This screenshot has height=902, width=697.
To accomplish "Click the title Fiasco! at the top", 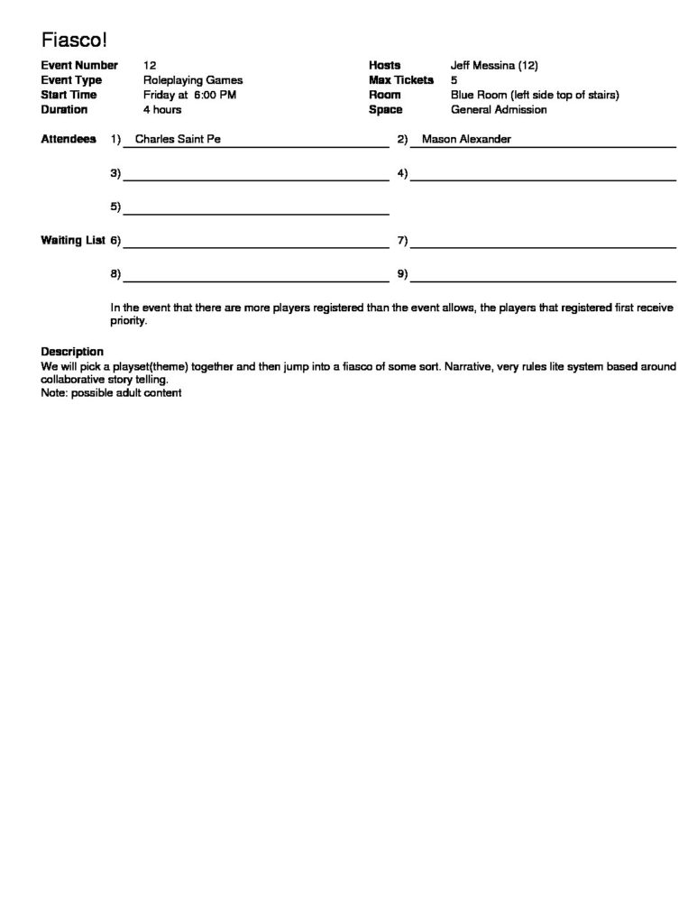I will pyautogui.click(x=74, y=40).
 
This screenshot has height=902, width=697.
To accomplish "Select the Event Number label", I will pyautogui.click(x=79, y=65).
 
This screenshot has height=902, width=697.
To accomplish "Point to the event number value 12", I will pyautogui.click(x=150, y=65).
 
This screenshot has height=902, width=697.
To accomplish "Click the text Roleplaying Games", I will pyautogui.click(x=192, y=80).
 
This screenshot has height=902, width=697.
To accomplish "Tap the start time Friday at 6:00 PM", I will pyautogui.click(x=189, y=95).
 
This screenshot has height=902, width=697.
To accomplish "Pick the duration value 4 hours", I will pyautogui.click(x=162, y=110).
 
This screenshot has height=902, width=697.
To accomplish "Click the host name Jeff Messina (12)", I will pyautogui.click(x=494, y=65).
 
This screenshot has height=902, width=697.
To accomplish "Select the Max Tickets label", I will pyautogui.click(x=400, y=80).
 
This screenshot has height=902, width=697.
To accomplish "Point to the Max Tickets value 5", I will pyautogui.click(x=454, y=80).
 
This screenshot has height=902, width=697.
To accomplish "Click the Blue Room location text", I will pyautogui.click(x=535, y=95).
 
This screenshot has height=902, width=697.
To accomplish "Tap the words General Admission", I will pyautogui.click(x=499, y=110).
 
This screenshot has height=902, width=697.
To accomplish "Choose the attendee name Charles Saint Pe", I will pyautogui.click(x=178, y=140).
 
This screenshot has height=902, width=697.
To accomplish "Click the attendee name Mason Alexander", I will pyautogui.click(x=466, y=140).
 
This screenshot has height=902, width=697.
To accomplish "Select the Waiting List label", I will pyautogui.click(x=73, y=241).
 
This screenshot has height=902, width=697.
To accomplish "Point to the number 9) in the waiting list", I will pyautogui.click(x=402, y=273).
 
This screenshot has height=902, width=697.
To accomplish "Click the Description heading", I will pyautogui.click(x=72, y=351).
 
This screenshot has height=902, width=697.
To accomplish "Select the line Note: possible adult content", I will pyautogui.click(x=112, y=393).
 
